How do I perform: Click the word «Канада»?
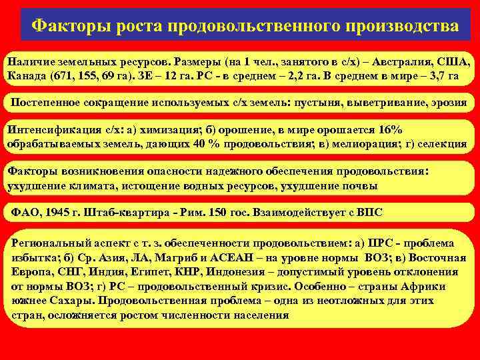pos(29,74)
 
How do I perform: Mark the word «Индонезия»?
pos(237,272)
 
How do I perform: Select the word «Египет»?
pos(150,272)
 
